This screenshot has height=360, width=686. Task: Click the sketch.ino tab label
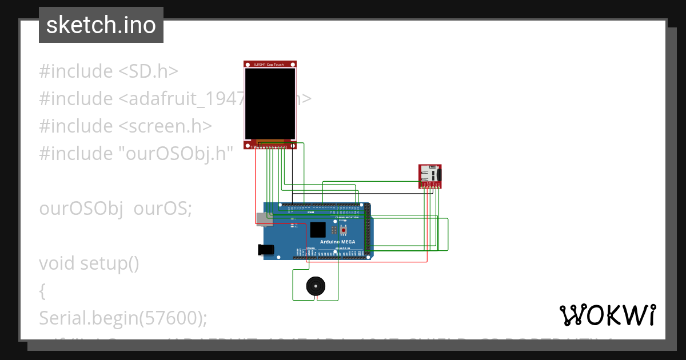point(101,25)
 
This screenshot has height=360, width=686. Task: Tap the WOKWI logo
point(607,315)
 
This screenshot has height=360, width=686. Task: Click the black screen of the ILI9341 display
point(270,104)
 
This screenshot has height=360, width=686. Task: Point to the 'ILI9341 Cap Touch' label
point(269,65)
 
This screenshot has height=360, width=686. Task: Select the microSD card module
point(430,175)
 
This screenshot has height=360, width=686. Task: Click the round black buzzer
point(315,286)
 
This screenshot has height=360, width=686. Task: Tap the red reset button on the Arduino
point(344,230)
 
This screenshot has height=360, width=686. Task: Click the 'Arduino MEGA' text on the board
point(337,242)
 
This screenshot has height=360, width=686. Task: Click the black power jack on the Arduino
point(265,250)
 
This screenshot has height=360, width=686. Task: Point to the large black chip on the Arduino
point(318,230)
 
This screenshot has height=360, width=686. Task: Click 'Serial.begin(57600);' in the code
point(123,318)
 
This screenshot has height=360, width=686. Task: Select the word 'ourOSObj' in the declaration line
point(81,208)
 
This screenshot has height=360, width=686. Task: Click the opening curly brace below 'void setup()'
point(42,291)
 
